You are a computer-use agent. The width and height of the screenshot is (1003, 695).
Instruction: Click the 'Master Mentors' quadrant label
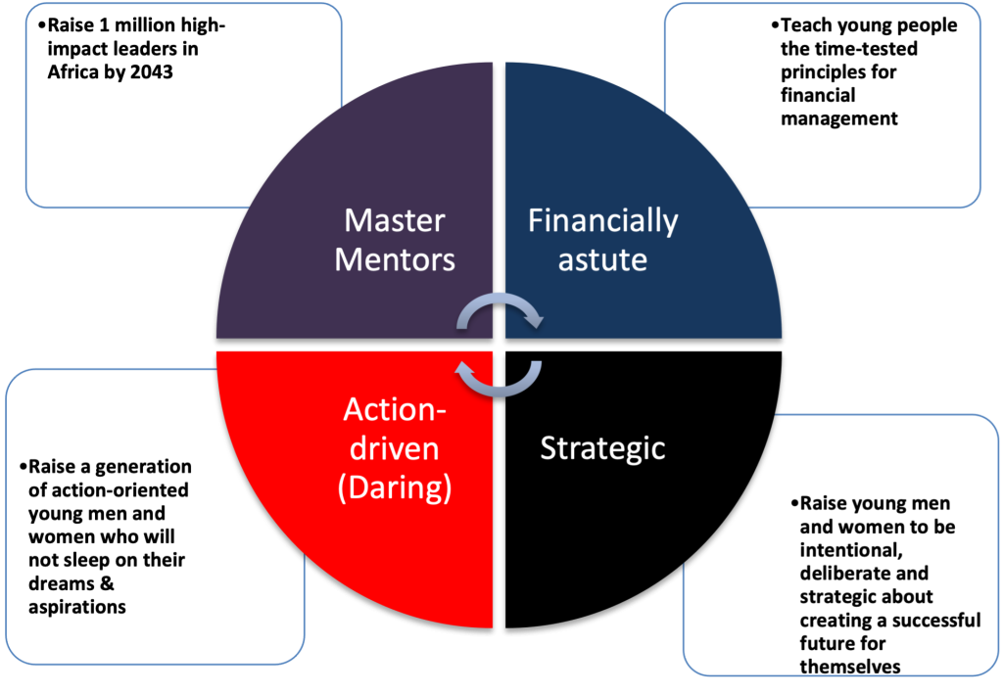point(395,241)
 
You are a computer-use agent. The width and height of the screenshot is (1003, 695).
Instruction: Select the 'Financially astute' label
point(602,241)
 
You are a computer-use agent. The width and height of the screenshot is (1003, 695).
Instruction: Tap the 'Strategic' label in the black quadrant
point(602,448)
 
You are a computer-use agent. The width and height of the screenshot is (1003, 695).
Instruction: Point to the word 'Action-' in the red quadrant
point(395,410)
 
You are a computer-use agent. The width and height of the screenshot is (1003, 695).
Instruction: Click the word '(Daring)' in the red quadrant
point(395,486)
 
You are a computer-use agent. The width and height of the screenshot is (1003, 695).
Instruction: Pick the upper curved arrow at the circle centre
point(501,312)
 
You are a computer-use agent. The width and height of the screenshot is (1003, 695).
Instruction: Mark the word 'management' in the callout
point(838,118)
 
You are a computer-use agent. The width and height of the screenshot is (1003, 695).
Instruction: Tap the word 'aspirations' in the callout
point(77,607)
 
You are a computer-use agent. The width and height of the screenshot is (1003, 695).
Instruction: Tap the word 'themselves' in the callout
point(849,667)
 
